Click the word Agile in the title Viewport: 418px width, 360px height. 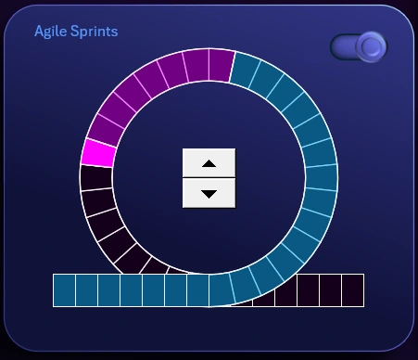point(49,32)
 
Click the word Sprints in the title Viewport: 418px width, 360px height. point(93,32)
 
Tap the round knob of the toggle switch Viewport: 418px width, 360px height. point(371,46)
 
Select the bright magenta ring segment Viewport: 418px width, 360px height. point(98,152)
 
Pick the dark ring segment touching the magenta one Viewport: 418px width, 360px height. point(96,177)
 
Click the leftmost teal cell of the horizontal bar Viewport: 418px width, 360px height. point(64,290)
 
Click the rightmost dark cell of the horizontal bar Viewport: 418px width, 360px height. point(352,290)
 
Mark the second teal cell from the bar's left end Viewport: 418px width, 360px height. point(86,290)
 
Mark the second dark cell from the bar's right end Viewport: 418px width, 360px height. point(330,290)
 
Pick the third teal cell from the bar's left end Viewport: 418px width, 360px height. point(108,290)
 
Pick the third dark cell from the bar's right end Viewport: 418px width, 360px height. point(308,290)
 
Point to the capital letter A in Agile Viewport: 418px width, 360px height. point(40,32)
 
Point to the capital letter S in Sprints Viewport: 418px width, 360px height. point(72,32)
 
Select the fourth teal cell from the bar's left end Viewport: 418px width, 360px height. point(131,290)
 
